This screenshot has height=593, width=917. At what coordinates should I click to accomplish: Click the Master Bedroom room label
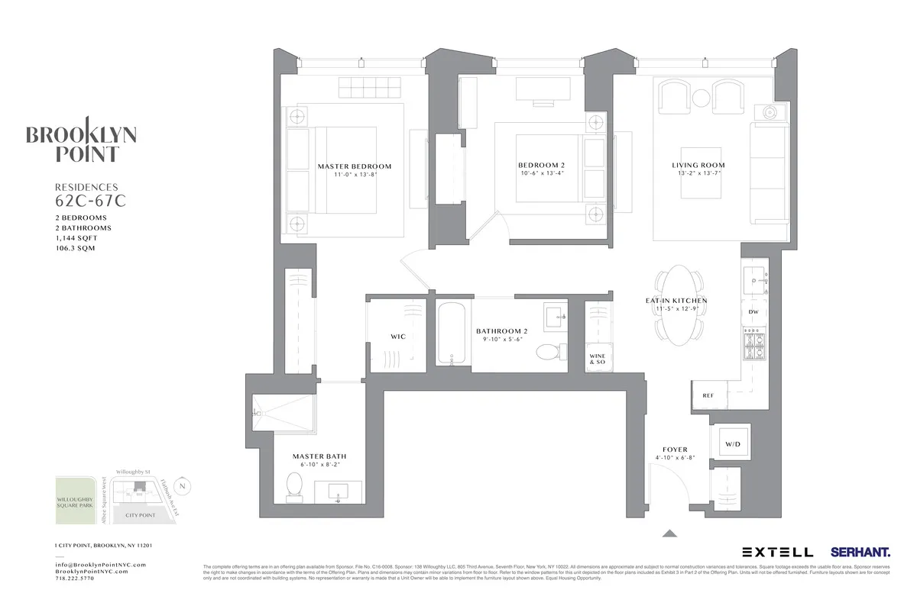tap(354, 166)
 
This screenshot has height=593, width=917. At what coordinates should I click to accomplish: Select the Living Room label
tap(698, 165)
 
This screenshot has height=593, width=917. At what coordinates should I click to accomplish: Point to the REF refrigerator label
tap(708, 395)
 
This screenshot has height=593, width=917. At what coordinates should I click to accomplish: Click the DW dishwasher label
tap(753, 312)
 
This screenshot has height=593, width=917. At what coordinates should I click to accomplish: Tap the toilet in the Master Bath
tap(295, 485)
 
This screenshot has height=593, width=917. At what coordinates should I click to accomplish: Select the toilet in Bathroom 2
tap(547, 352)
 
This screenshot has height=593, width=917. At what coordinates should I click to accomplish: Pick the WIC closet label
tap(397, 336)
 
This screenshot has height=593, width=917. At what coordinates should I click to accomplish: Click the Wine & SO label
tap(597, 358)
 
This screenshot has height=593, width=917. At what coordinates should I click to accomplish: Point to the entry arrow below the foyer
tap(669, 533)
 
